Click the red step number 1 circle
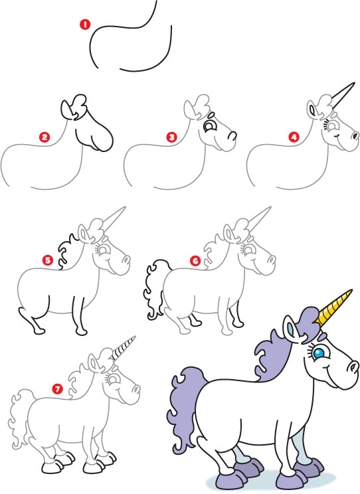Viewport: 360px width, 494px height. point(84,25)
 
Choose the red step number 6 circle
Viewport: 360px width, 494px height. point(195,260)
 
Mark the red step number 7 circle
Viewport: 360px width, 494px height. point(58,389)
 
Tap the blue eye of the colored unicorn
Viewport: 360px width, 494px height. point(319,353)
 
